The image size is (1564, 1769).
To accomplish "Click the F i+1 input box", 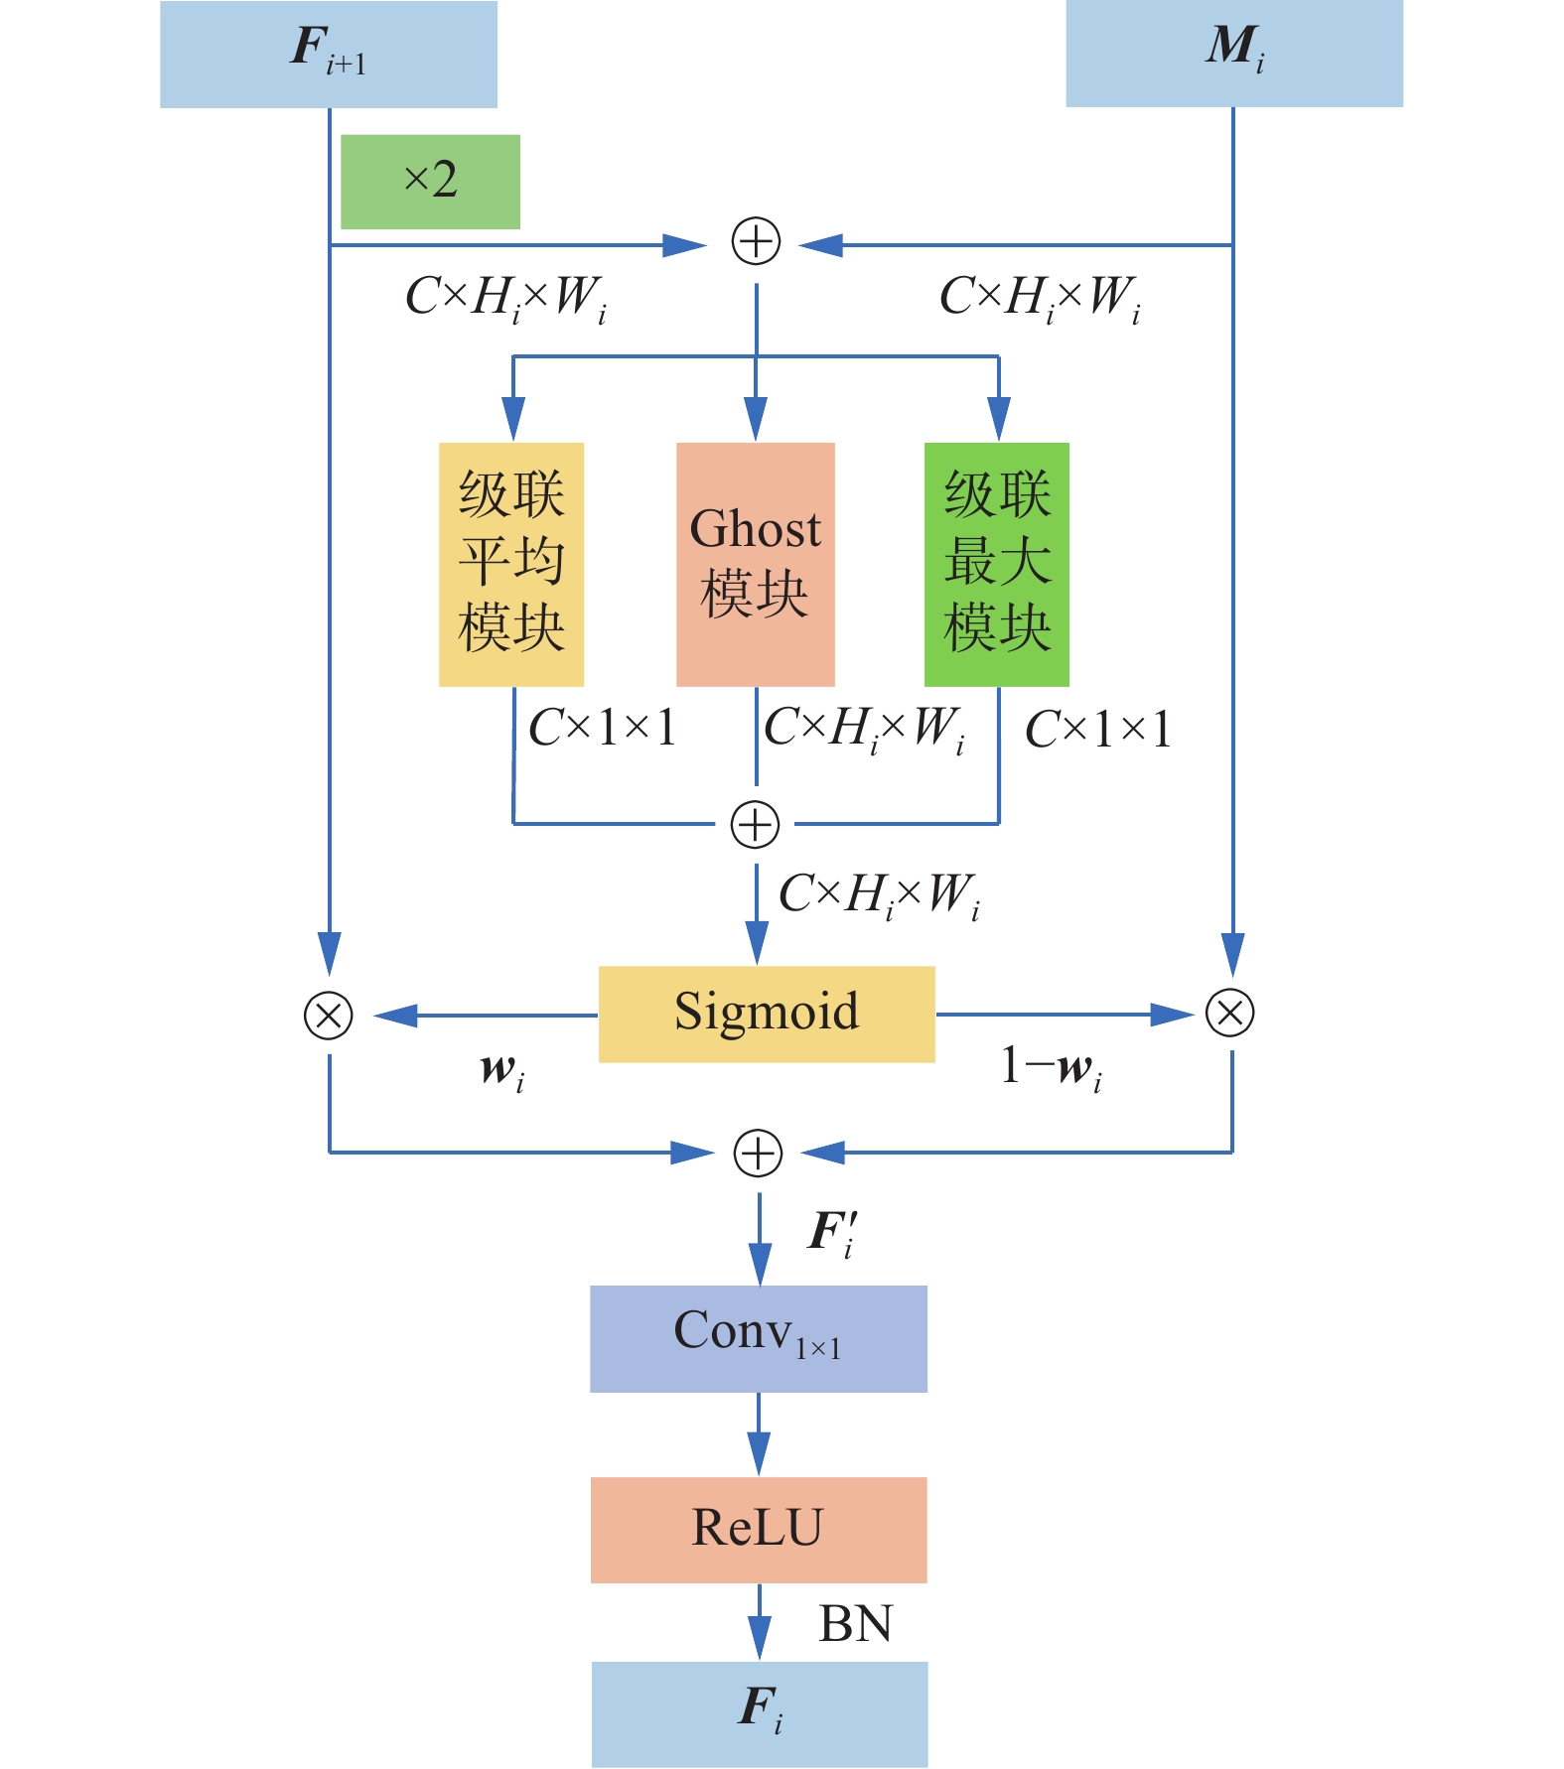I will coord(328,54).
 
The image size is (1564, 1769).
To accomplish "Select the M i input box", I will coord(1233,54).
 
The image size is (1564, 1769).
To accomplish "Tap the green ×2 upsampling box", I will coord(430,182).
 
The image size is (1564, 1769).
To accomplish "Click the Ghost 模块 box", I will coord(755,564).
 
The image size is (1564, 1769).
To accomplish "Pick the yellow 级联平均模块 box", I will coord(511,564).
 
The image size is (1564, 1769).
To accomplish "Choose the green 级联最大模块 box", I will coord(996,564).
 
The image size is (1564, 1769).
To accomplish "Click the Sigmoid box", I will coord(766,1014).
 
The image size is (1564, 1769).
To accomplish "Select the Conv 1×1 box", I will coord(758,1338).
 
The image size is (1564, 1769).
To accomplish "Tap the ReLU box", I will coord(758,1529).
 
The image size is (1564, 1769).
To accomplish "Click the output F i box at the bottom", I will coord(760,1713).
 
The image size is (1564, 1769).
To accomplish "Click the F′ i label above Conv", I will coord(832,1234).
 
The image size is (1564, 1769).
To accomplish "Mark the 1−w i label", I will coord(1052,1068).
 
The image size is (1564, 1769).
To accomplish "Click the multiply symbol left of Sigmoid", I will coord(329,1015).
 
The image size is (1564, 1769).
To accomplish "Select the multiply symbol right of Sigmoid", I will coord(1229,1013).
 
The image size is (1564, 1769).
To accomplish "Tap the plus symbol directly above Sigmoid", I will coord(755,825).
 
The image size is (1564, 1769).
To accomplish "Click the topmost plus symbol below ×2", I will coord(756,242).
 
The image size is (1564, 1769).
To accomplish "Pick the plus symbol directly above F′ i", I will coord(758,1154).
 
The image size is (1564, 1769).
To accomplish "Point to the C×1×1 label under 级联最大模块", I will coord(1098,730).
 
